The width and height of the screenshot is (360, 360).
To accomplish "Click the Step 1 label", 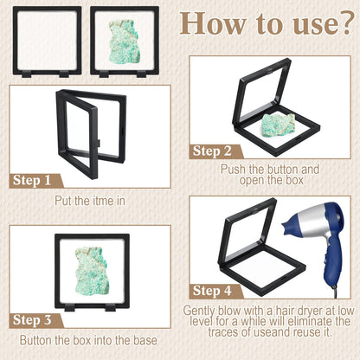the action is tap(32, 181).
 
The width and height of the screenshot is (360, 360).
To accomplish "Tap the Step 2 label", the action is tap(212, 151).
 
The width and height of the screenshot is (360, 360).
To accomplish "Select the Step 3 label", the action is tap(32, 320).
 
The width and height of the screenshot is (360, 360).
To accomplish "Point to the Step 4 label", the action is tap(212, 291).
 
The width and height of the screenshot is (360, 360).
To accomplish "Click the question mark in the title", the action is tap(346, 23).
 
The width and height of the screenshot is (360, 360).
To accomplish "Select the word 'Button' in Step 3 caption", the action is tap(35, 340).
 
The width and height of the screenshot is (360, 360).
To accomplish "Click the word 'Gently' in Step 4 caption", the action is tap(199, 311).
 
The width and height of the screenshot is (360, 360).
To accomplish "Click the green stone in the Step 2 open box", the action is tap(278, 125).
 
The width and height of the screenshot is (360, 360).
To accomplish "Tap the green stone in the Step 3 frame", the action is tap(92, 269).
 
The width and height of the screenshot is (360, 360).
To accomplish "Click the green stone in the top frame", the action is tap(125, 42).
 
